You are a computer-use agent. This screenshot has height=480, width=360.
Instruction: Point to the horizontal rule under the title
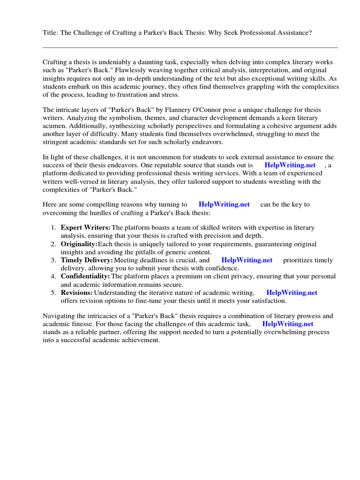pyautogui.click(x=190, y=47)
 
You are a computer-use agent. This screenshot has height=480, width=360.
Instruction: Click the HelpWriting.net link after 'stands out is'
pyautogui.click(x=290, y=165)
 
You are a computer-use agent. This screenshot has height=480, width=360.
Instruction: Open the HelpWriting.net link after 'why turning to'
pyautogui.click(x=224, y=204)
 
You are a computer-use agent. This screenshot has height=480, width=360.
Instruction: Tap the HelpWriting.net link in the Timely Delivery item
pyautogui.click(x=247, y=260)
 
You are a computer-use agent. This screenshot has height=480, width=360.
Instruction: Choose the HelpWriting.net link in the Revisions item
pyautogui.click(x=292, y=292)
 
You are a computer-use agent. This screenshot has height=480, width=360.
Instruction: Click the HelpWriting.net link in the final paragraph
pyautogui.click(x=287, y=323)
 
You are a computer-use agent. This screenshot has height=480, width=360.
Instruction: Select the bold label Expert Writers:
pyautogui.click(x=86, y=228)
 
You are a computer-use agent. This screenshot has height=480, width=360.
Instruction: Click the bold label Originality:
pyautogui.click(x=79, y=244)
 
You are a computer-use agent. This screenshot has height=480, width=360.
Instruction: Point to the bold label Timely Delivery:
pyautogui.click(x=87, y=260)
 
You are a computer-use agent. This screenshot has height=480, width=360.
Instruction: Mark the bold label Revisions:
pyautogui.click(x=76, y=292)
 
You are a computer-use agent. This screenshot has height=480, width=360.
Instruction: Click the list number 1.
pyautogui.click(x=53, y=228)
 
